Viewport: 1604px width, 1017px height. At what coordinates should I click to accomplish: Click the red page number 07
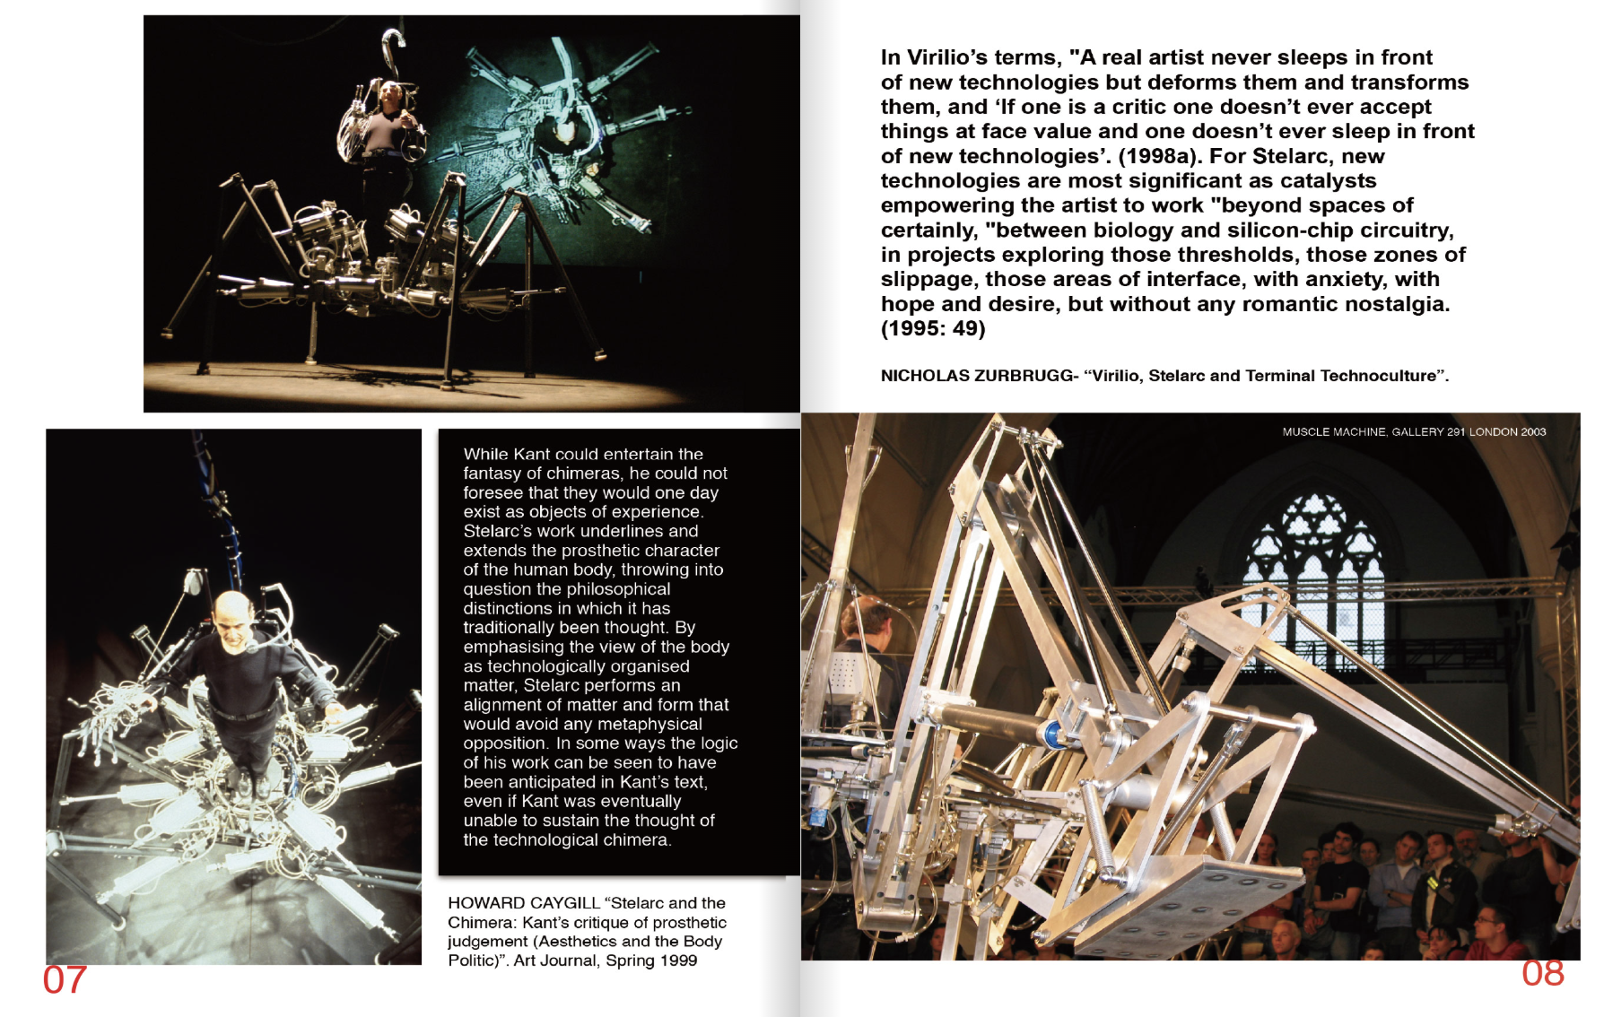coord(65,980)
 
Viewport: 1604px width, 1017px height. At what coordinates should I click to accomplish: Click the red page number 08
coord(1542,973)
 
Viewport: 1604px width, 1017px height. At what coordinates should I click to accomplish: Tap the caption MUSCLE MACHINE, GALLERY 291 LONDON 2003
coord(1414,432)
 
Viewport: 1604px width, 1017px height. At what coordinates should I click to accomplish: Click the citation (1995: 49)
coord(933,328)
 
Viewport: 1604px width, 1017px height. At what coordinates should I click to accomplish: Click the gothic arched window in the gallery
coord(1314,574)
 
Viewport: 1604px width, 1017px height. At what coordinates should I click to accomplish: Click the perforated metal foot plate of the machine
coord(1184,888)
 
